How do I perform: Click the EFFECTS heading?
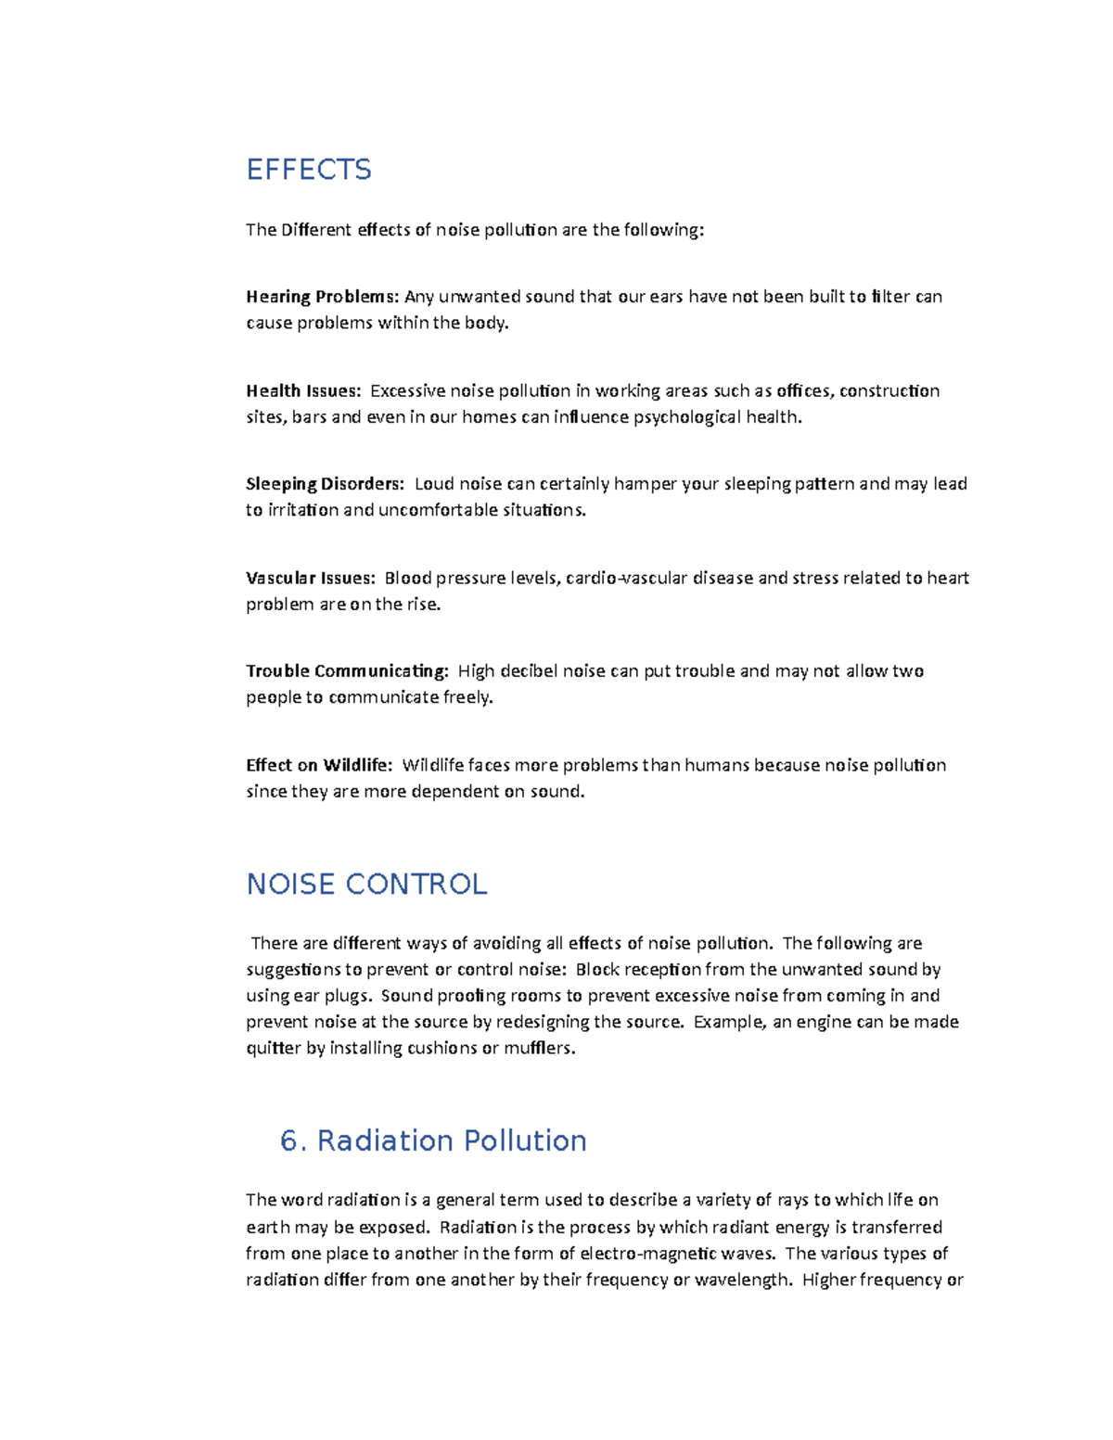tap(309, 170)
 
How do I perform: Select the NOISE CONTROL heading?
tap(366, 885)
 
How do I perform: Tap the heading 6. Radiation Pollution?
tap(433, 1141)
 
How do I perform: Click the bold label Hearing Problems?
tap(322, 297)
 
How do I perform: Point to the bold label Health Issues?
tap(303, 391)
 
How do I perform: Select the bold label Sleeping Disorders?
tap(325, 484)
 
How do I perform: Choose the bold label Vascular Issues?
tap(310, 579)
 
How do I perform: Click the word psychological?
tap(686, 417)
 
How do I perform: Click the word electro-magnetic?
tap(648, 1254)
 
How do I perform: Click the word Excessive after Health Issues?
tap(408, 391)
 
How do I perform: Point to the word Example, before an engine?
tap(731, 1022)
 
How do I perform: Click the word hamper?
tap(646, 484)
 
